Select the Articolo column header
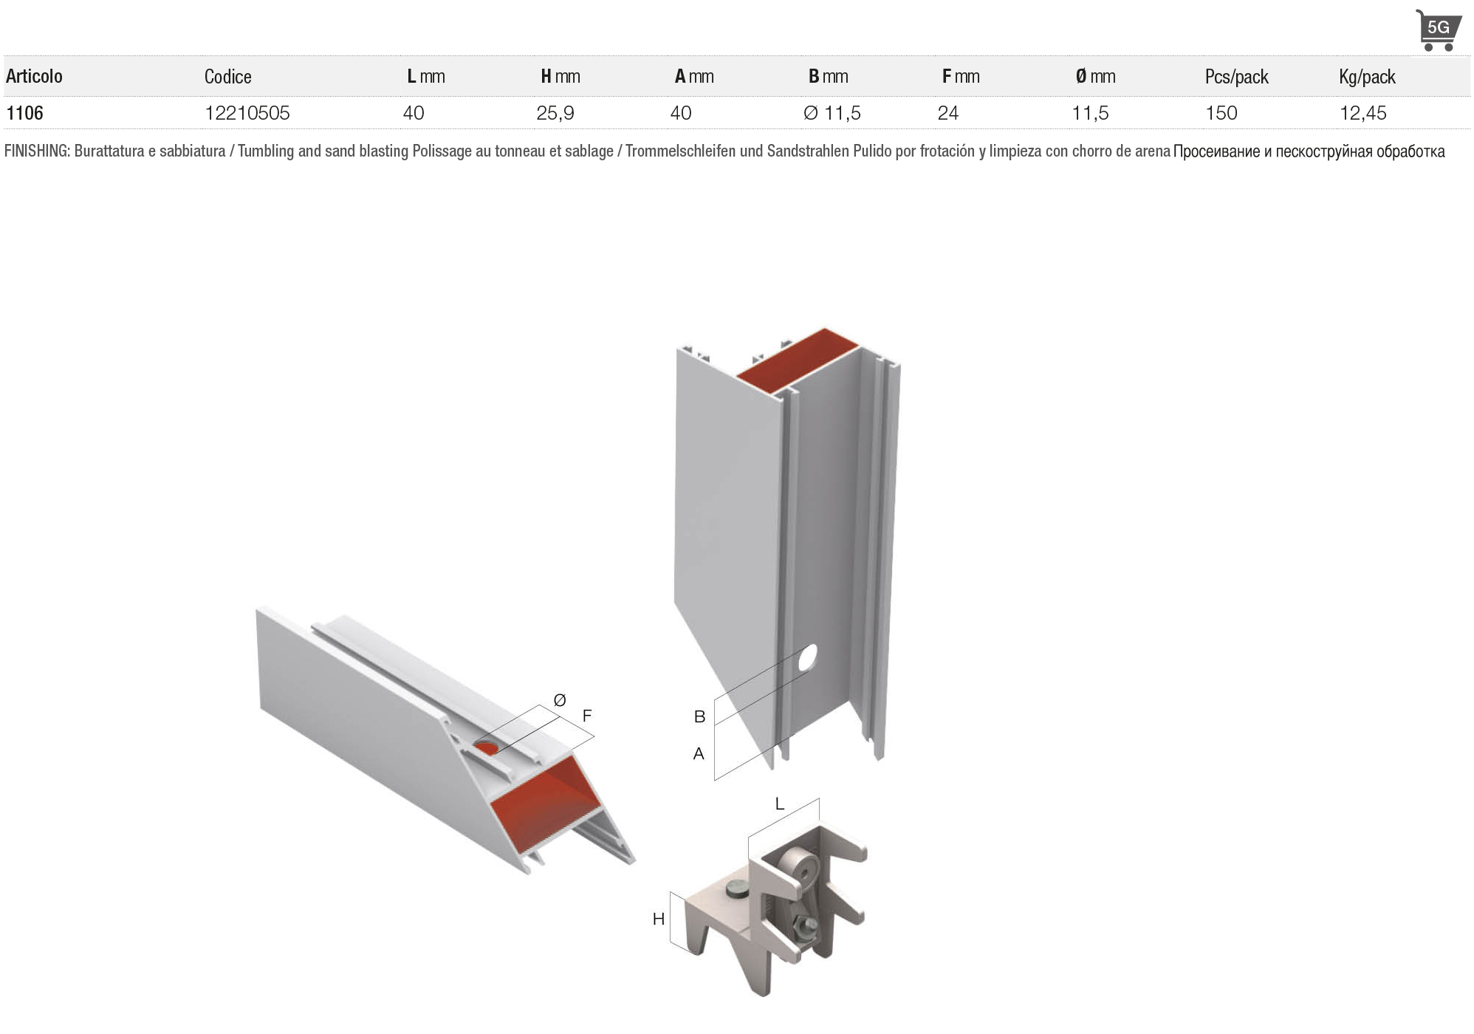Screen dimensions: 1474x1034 (34, 76)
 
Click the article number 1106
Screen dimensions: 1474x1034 (24, 113)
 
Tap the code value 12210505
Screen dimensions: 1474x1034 (247, 113)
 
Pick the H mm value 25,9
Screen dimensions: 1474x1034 (555, 113)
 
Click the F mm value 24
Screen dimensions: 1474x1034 (947, 113)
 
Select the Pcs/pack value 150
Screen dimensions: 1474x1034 (1221, 113)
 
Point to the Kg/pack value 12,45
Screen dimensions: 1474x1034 (1362, 113)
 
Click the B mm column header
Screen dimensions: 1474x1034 (828, 76)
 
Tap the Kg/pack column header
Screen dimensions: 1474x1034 (1367, 77)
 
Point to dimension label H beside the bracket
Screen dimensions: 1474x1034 (659, 919)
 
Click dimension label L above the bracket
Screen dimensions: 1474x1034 (780, 804)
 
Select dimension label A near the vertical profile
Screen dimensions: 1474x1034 (699, 754)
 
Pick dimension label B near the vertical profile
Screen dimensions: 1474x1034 (699, 716)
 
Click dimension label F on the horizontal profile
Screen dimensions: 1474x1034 (587, 715)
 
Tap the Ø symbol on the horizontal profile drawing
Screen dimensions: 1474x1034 (559, 700)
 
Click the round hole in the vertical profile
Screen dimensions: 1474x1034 (807, 657)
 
